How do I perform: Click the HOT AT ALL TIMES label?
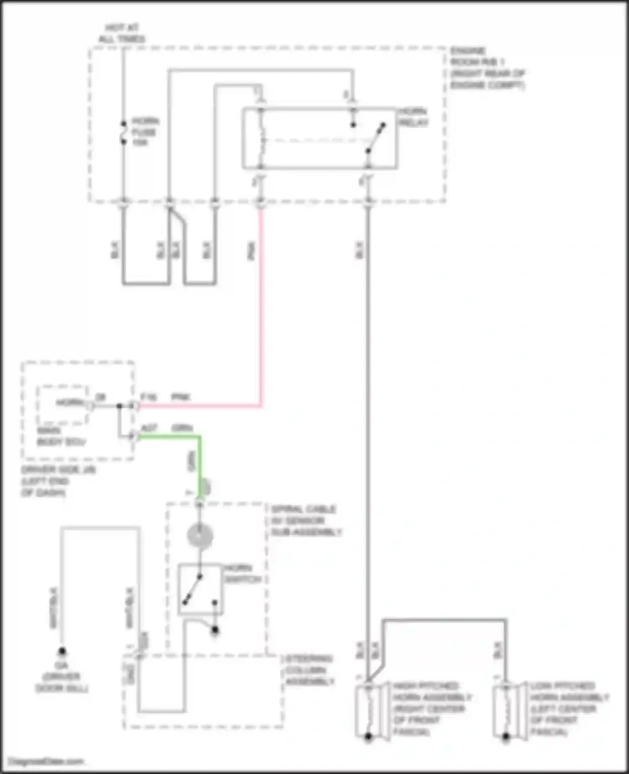(x=122, y=34)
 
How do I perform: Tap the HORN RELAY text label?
(x=413, y=117)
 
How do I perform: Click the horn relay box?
(x=320, y=139)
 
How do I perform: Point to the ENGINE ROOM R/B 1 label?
(x=487, y=68)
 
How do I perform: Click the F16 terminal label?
(x=148, y=397)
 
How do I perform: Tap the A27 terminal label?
(x=149, y=428)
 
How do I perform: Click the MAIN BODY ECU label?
(x=61, y=436)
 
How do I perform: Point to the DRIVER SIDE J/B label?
(x=58, y=481)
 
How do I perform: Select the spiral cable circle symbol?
(x=200, y=536)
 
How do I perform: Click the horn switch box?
(x=200, y=589)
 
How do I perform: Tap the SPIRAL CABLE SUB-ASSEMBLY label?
(x=306, y=521)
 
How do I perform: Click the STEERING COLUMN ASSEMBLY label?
(x=309, y=670)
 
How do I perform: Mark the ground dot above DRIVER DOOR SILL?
(x=62, y=651)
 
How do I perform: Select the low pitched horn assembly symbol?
(x=507, y=711)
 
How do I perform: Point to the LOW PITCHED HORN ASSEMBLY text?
(x=569, y=709)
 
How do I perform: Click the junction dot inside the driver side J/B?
(x=120, y=406)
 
